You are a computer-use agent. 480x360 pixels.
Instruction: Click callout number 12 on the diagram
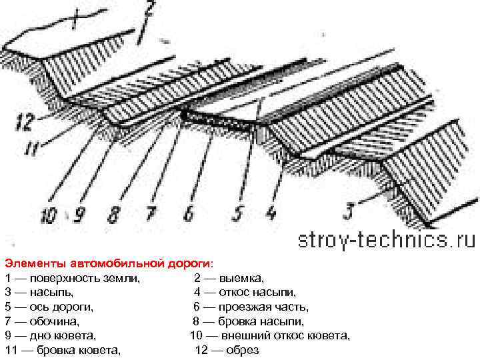click(x=25, y=123)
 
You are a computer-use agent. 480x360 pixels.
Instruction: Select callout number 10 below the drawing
click(x=48, y=215)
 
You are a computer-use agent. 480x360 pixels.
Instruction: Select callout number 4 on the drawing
click(x=271, y=213)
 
